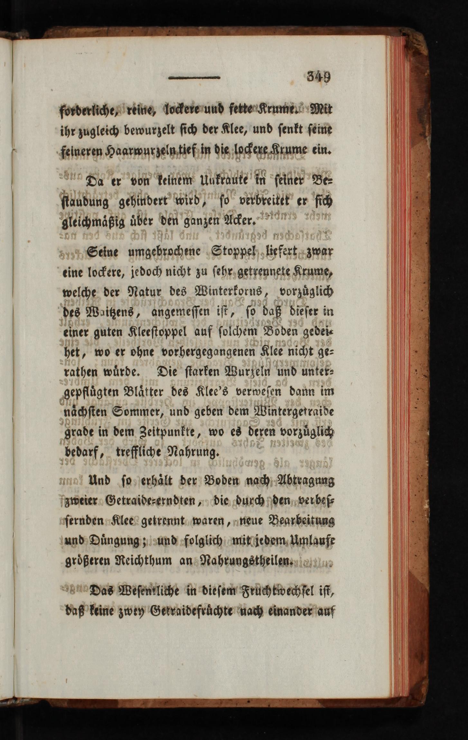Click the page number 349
point(319,77)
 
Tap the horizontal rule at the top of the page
point(194,78)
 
